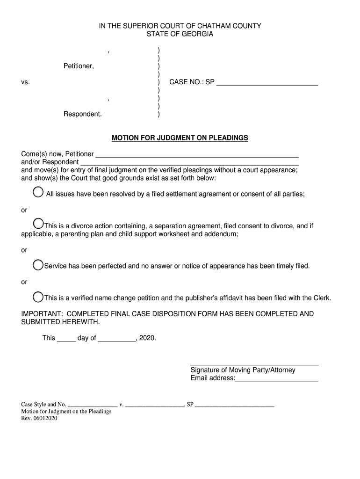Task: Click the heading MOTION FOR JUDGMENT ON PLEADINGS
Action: [x=180, y=138]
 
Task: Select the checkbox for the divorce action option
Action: [x=38, y=225]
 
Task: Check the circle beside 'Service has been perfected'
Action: [x=38, y=265]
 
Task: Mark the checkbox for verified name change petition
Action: [x=38, y=297]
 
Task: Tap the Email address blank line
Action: [x=276, y=379]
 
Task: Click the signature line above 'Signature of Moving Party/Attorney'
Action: [x=254, y=363]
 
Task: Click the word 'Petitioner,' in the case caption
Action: [x=79, y=66]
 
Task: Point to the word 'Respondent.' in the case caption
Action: [x=82, y=114]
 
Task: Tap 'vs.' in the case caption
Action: [x=25, y=82]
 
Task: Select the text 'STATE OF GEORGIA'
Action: [x=180, y=34]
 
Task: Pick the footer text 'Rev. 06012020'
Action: [x=39, y=419]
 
